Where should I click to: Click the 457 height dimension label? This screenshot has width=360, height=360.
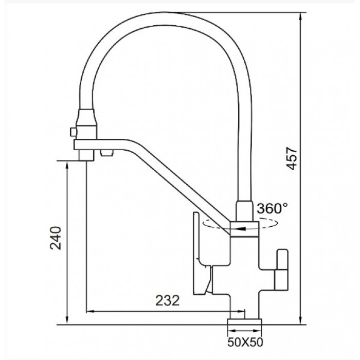coord(292,158)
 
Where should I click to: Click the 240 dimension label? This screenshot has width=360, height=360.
coord(56,238)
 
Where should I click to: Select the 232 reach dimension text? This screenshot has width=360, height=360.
coord(167,300)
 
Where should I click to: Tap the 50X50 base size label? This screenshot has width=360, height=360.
coord(245,343)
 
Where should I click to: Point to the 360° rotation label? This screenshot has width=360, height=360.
coord(272,208)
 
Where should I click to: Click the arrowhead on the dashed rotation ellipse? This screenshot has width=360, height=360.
coord(242,229)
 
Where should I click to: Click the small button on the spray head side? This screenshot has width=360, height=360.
coord(73,132)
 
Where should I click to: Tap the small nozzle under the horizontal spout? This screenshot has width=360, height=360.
coord(106,153)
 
